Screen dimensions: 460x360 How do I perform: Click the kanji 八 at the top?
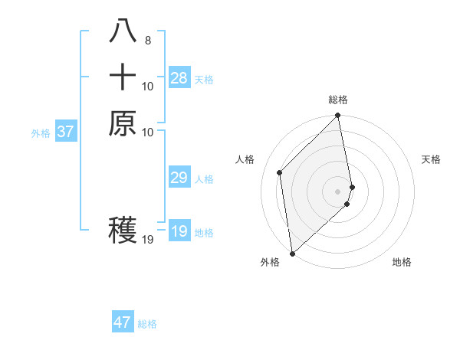point(123,31)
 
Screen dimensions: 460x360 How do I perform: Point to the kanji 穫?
point(123,230)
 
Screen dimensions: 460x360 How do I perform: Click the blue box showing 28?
point(179,78)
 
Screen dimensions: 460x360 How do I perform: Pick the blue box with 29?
point(179,178)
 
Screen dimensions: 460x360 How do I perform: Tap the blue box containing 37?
point(66,132)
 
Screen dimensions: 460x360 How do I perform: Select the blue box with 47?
point(123,322)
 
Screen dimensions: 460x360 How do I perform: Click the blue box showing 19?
point(179,231)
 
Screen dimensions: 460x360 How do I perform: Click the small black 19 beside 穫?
point(149,240)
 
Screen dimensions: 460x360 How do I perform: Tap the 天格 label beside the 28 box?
point(204,80)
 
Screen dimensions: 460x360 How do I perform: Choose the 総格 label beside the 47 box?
point(147,324)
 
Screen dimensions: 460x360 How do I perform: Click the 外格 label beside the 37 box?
point(41,133)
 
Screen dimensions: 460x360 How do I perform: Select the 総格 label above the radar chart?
point(338,100)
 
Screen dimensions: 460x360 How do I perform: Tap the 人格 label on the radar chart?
point(245,159)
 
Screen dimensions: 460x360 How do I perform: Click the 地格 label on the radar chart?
point(402,262)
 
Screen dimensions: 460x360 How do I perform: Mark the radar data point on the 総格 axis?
point(338,116)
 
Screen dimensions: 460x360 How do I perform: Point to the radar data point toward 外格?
point(292,254)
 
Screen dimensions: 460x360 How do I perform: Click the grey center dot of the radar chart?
point(338,191)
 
